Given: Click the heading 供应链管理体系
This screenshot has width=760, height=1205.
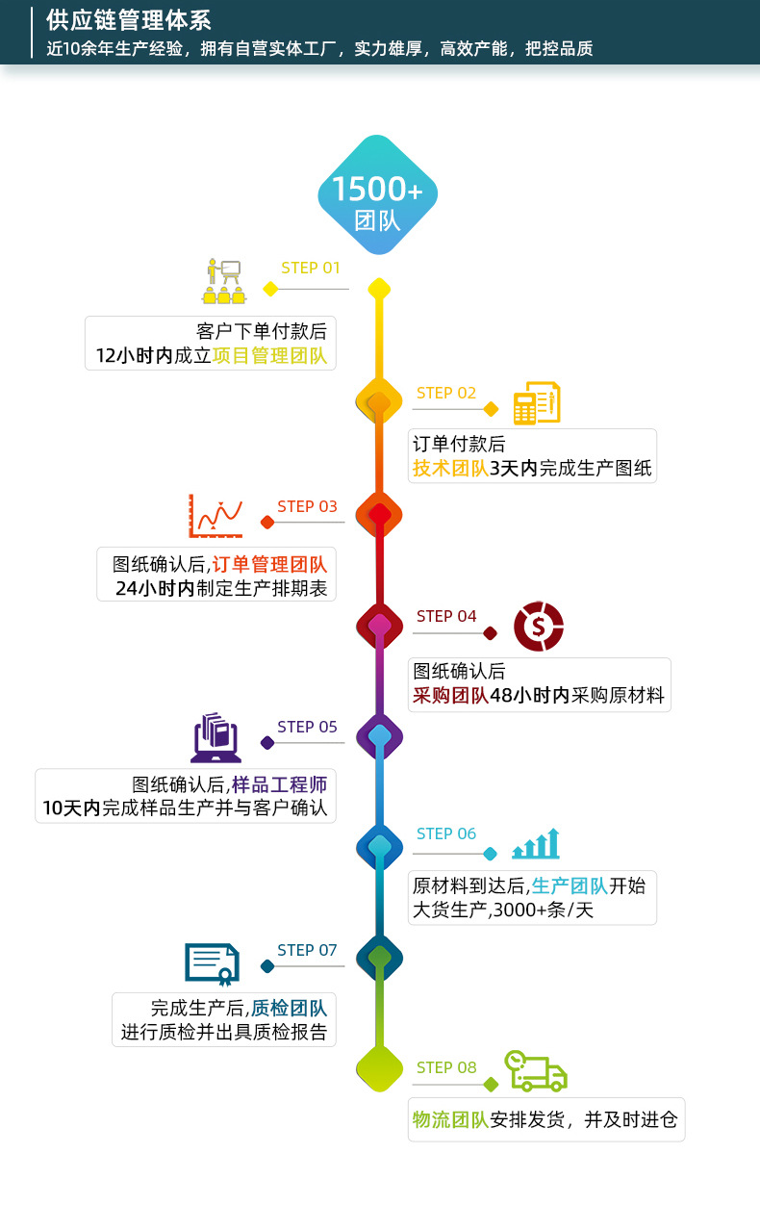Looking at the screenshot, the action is pyautogui.click(x=129, y=20).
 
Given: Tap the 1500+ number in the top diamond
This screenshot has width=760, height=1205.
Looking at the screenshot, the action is pyautogui.click(x=377, y=189).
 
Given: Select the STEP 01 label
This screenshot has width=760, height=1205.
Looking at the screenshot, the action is pyautogui.click(x=311, y=268).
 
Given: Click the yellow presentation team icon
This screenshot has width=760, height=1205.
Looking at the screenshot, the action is pyautogui.click(x=222, y=280).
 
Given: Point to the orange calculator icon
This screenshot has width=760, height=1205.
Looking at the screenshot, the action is pyautogui.click(x=536, y=402).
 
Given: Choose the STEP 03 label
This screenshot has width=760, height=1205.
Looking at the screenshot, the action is pyautogui.click(x=307, y=506).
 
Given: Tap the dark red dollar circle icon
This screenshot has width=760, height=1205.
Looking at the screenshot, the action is pyautogui.click(x=538, y=626).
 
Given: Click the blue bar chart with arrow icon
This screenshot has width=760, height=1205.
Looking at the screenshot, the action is pyautogui.click(x=536, y=844).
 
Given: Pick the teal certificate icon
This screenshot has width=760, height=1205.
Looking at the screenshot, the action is pyautogui.click(x=212, y=963).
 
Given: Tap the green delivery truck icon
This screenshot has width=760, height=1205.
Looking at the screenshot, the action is pyautogui.click(x=536, y=1071).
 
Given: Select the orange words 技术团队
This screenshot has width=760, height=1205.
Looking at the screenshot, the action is pyautogui.click(x=450, y=469).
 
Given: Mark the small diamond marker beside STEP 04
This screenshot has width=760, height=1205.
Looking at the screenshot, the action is pyautogui.click(x=490, y=633).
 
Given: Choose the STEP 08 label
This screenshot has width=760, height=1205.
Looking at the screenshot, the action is pyautogui.click(x=446, y=1067).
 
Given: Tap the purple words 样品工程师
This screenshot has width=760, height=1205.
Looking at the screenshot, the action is pyautogui.click(x=279, y=784).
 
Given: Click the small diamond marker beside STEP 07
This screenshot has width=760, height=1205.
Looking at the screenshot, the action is pyautogui.click(x=267, y=966).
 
